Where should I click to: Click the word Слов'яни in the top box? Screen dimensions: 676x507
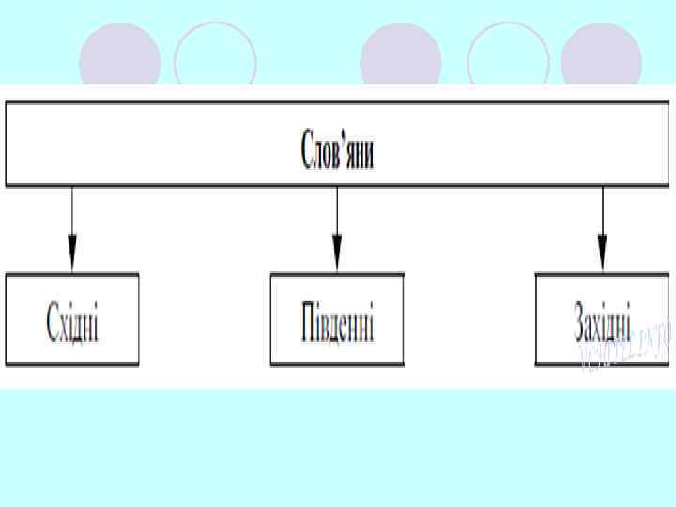click(337, 152)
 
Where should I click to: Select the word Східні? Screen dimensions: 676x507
click(73, 321)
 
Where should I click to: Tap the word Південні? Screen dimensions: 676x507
click(337, 321)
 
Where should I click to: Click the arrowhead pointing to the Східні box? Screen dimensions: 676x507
click(72, 254)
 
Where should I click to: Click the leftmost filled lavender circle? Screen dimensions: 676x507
click(120, 58)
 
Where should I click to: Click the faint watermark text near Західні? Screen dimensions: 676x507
click(626, 346)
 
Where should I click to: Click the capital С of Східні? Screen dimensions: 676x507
click(53, 321)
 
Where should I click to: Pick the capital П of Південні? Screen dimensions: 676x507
click(309, 321)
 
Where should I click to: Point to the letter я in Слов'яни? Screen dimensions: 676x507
click(351, 154)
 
